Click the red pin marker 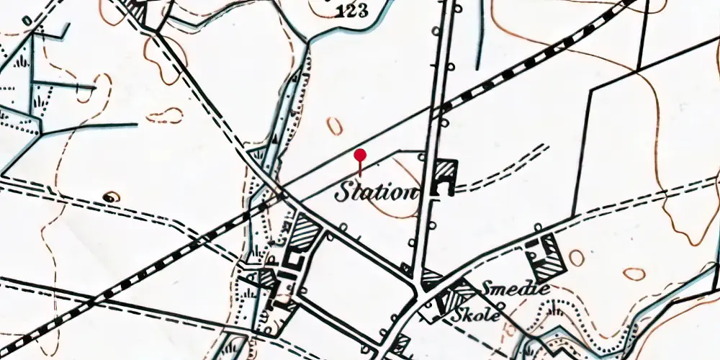pyautogui.click(x=360, y=156)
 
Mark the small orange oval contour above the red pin pyautogui.click(x=335, y=125)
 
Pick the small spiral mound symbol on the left pyautogui.click(x=110, y=196)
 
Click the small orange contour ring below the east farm pyautogui.click(x=634, y=274)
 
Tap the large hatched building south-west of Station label pyautogui.click(x=307, y=235)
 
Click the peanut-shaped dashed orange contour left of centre pyautogui.click(x=165, y=115)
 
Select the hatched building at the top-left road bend pyautogui.click(x=137, y=9)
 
